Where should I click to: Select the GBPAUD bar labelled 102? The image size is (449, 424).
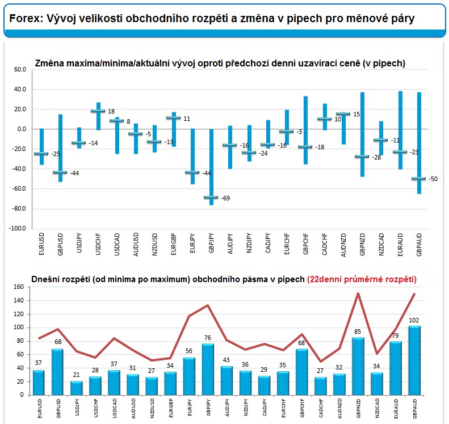pos(414,360)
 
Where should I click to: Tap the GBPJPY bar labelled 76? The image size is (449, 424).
pos(208,370)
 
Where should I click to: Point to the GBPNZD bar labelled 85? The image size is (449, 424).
pos(358,366)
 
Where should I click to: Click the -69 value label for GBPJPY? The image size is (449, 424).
pos(225,198)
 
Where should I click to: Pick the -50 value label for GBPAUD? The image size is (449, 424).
pos(433,179)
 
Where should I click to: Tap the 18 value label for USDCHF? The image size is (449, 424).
pos(111,111)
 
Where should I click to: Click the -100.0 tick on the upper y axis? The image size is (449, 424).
pos(17,229)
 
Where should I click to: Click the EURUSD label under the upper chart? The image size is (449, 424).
pos(41,244)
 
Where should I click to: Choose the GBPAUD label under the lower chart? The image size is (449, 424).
pos(415,409)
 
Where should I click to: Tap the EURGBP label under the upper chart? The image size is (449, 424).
pos(174,244)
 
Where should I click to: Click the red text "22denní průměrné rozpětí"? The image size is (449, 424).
pos(362,279)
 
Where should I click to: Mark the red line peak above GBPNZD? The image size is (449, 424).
pos(358,293)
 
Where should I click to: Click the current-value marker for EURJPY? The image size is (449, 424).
pos(192,173)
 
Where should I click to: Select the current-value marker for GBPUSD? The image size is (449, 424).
pos(60,173)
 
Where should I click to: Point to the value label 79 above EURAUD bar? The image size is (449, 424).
pos(395,335)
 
